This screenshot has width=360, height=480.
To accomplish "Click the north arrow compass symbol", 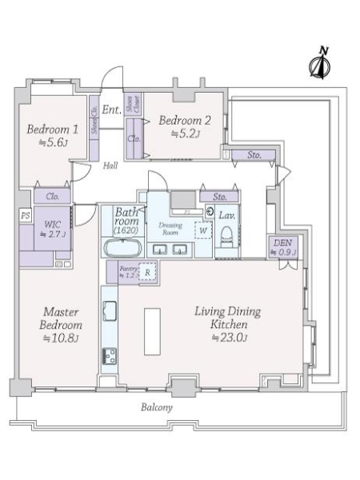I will (321, 64).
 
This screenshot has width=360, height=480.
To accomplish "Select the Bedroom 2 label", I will (184, 122).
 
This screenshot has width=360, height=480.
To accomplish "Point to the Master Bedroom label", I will (61, 320).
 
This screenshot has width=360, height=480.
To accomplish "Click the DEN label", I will (282, 242).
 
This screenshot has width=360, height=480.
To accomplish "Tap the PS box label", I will (25, 216).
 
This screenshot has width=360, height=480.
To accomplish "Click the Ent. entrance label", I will (110, 110).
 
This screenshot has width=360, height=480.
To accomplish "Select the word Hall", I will (110, 166).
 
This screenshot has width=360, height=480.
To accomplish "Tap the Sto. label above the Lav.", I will (218, 197).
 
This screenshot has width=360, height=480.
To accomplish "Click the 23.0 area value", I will (228, 338).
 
